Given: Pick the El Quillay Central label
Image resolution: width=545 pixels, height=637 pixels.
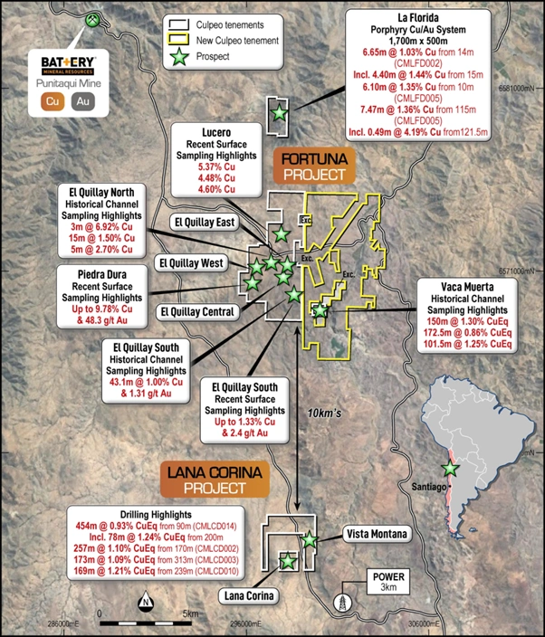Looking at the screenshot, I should [196, 312].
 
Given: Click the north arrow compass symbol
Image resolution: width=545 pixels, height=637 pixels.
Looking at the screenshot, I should [145, 602].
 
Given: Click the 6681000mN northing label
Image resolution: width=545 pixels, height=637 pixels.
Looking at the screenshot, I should [518, 88].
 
